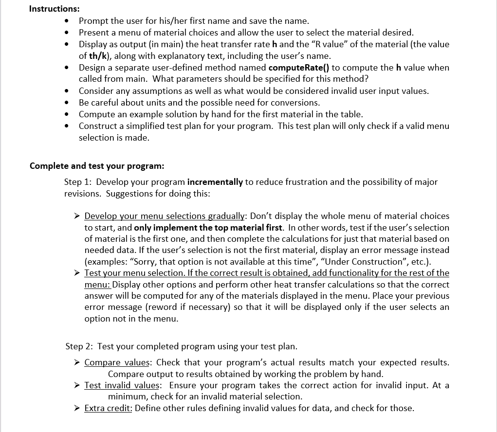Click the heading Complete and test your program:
[97, 165]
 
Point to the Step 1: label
[79, 182]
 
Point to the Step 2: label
[80, 346]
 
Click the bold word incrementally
[215, 182]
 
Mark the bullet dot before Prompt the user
[67, 21]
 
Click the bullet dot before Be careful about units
[67, 103]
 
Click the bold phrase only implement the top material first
[208, 228]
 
